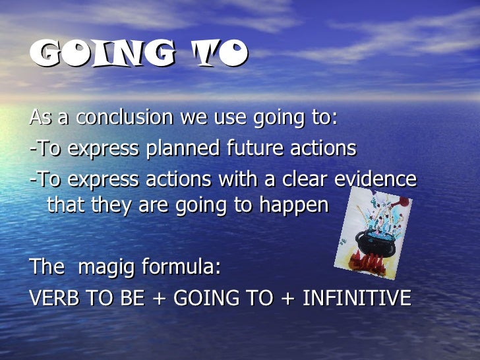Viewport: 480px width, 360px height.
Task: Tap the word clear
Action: coord(311,179)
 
